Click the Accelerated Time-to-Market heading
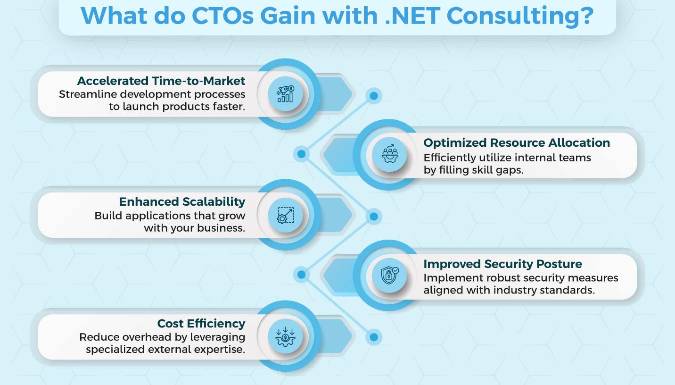(161, 81)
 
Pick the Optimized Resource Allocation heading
(517, 142)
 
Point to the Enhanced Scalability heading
(182, 201)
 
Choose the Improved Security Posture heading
(502, 264)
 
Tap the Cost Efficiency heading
(201, 323)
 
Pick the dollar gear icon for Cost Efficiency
(285, 336)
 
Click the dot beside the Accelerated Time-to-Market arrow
(374, 96)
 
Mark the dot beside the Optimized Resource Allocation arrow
(301, 154)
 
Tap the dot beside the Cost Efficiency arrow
(374, 337)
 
